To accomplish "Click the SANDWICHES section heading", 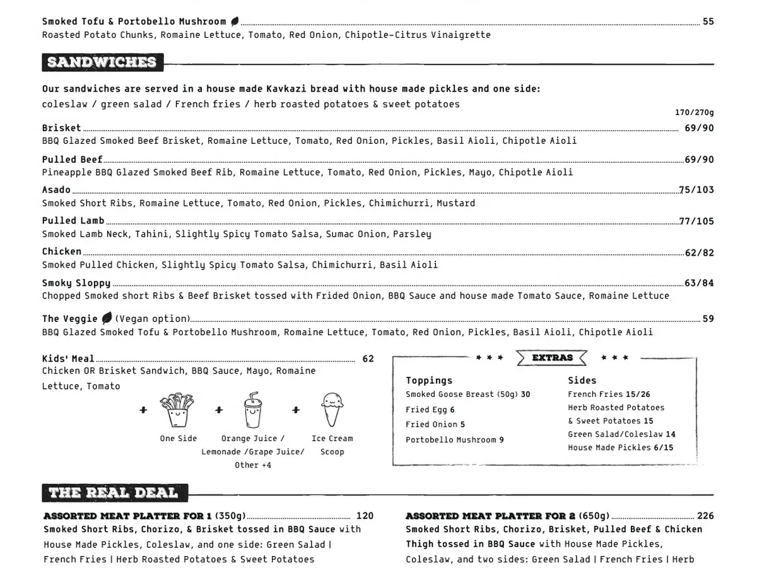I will point(102,62).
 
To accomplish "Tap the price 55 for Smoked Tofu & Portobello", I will point(708,21).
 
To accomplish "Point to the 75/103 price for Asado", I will point(696,190).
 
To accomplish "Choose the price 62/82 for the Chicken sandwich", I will point(699,253).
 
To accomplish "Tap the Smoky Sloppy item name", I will point(76,283).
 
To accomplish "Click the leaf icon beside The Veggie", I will point(107,319).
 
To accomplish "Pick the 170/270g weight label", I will point(694,113).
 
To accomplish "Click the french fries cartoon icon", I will point(178,411).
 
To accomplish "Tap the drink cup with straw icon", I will point(252,410).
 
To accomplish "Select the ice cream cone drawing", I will point(332,410).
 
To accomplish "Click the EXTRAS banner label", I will point(552,358).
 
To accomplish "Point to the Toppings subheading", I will point(429,381).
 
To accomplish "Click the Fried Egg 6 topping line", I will point(430,410).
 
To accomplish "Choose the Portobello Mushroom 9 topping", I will point(454,440).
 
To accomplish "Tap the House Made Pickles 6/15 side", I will point(620,447).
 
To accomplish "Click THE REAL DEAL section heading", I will point(113,493).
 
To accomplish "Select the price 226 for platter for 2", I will point(705,516).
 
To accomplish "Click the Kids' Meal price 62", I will point(368,359).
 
